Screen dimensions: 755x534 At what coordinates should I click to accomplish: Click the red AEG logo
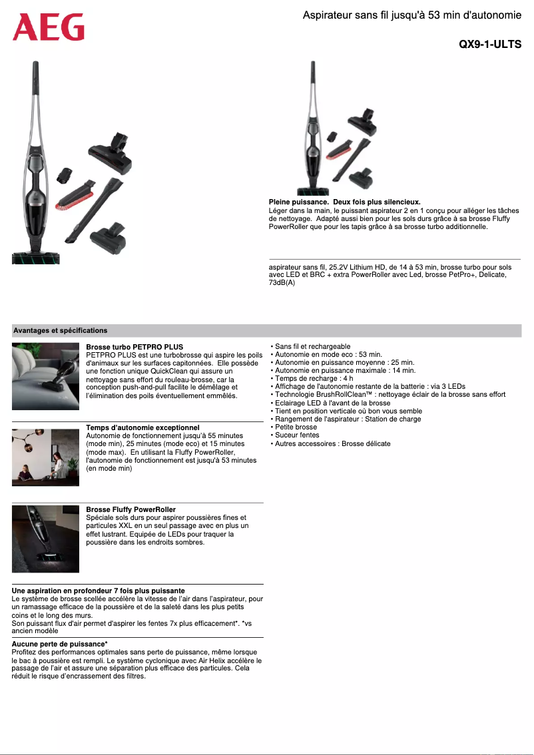(x=49, y=28)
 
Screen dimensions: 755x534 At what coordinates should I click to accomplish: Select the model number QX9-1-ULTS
(x=489, y=45)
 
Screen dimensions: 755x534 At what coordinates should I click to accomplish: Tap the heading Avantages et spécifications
(x=60, y=330)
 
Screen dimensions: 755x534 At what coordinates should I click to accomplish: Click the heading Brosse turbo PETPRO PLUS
(x=134, y=348)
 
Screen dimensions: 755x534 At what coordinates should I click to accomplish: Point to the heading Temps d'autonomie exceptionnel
(x=142, y=427)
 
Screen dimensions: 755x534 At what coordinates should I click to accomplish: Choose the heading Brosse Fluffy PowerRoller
(x=131, y=510)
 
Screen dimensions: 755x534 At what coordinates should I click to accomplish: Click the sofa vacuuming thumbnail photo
(x=45, y=376)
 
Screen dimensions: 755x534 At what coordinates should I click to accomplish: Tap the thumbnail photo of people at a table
(x=45, y=457)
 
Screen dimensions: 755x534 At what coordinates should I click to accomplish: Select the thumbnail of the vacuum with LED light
(x=45, y=539)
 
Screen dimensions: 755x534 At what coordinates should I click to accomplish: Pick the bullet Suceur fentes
(x=297, y=435)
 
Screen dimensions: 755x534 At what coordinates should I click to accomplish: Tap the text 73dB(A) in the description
(x=282, y=283)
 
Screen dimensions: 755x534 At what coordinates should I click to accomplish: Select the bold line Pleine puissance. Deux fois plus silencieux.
(x=344, y=202)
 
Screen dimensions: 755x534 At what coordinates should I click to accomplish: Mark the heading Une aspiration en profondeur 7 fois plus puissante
(x=99, y=591)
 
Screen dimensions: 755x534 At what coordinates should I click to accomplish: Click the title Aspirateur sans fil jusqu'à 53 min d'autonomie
(x=411, y=15)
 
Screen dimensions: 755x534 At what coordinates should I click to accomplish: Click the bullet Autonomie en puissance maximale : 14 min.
(x=345, y=371)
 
